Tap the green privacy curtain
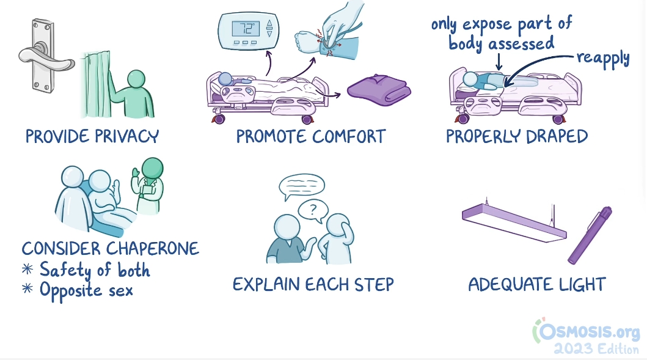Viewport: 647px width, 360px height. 97,84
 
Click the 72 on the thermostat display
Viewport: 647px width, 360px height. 247,29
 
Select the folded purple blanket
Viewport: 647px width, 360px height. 379,90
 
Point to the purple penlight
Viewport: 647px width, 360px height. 590,235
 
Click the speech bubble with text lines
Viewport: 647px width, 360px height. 302,186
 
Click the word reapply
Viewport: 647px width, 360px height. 603,59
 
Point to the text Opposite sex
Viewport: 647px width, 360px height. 86,290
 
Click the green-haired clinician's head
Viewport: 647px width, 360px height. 152,169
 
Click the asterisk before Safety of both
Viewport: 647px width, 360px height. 27,269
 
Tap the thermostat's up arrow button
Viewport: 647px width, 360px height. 269,23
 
